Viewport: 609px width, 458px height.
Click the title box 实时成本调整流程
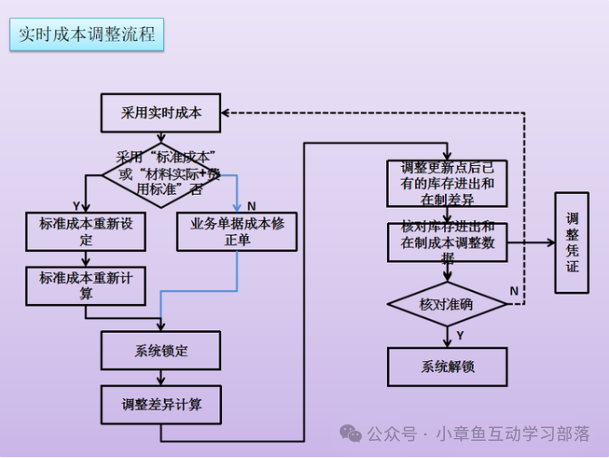[87, 35]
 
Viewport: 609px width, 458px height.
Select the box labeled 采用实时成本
[160, 113]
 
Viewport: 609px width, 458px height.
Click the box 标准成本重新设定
[86, 231]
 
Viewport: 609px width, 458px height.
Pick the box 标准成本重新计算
[86, 286]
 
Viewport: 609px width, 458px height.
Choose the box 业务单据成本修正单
[237, 231]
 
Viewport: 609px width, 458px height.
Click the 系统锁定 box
[160, 350]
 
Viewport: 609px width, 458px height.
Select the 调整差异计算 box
[160, 404]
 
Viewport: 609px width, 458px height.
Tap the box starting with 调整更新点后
[447, 183]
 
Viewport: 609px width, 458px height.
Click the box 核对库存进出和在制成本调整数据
[447, 242]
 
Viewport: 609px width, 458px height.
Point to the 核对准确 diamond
[447, 304]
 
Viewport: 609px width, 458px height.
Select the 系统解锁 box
[447, 366]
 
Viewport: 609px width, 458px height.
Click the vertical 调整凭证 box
[571, 242]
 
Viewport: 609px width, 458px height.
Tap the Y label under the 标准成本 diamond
[76, 206]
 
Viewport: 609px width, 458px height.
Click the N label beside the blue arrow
[250, 206]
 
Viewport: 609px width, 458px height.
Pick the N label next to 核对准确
[514, 291]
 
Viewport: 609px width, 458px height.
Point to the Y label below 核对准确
[461, 336]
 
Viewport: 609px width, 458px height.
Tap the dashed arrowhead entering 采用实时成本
[227, 113]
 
